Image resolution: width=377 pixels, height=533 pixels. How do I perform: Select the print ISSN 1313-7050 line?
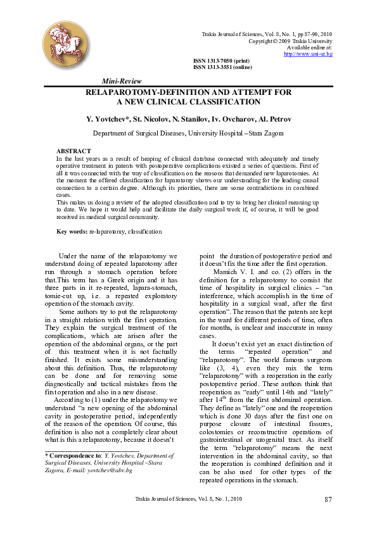(217, 61)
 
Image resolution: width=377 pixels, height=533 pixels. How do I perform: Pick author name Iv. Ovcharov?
(228, 119)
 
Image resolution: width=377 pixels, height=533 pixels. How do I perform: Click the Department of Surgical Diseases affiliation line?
(188, 134)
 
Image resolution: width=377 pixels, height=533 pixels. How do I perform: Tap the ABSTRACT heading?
(74, 151)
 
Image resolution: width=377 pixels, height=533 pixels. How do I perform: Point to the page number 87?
(328, 500)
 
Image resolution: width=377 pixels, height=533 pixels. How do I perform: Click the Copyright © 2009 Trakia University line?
(290, 41)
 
